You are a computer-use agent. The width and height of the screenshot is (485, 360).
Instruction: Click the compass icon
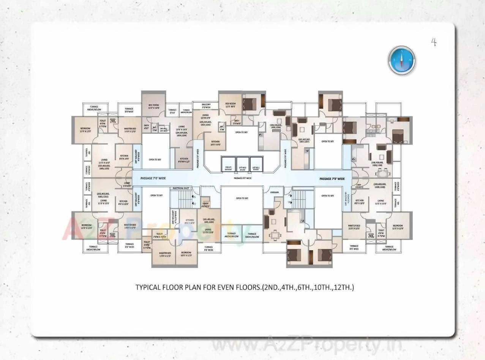pos(402,60)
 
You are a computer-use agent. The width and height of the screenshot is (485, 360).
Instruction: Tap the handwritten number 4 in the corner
pos(433,42)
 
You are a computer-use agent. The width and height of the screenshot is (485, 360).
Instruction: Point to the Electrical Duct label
pos(181,188)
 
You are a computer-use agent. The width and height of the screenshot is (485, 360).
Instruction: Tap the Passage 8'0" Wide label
pos(242,178)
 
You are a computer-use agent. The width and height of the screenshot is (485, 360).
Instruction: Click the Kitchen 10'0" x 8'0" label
pos(215,143)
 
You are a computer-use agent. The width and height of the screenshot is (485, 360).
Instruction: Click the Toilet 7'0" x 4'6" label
pos(160,236)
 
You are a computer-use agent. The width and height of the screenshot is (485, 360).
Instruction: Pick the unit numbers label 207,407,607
pos(304,140)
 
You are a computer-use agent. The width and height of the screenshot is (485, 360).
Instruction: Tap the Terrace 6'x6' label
pos(172,111)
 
